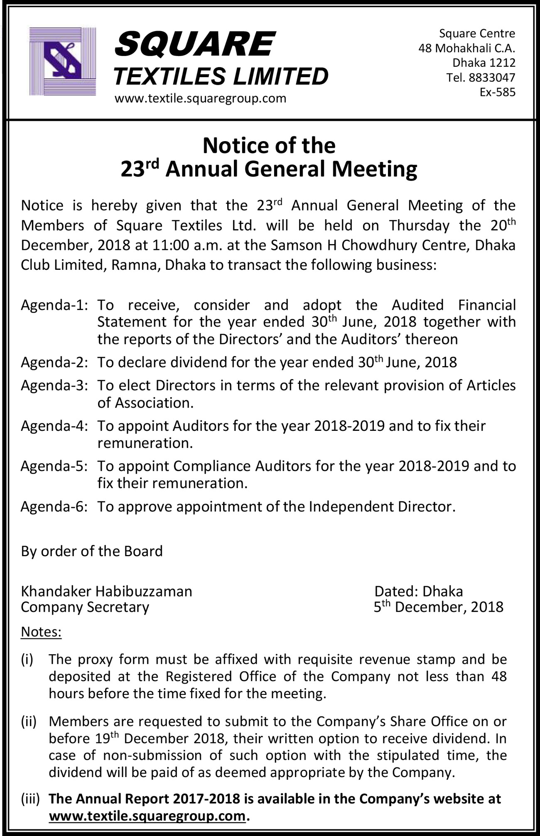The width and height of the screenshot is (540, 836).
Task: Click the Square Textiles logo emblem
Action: click(63, 61)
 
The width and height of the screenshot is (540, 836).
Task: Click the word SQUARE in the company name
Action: click(194, 44)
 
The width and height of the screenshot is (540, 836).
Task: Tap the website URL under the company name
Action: click(200, 99)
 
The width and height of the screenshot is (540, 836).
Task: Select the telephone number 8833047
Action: click(492, 78)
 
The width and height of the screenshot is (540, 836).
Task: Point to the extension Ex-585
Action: click(497, 92)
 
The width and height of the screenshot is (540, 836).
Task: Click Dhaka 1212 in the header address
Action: click(484, 63)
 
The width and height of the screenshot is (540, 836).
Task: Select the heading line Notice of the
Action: click(269, 146)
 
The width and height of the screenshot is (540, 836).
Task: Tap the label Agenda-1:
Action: click(54, 306)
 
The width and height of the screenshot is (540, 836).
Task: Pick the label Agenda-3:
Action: click(54, 386)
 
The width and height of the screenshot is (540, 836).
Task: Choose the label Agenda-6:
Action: click(54, 507)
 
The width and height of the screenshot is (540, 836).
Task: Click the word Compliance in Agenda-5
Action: click(212, 466)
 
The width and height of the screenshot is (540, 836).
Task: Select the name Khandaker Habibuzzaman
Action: click(106, 591)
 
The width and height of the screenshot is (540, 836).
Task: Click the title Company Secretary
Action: click(85, 607)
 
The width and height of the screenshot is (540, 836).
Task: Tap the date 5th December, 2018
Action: click(438, 607)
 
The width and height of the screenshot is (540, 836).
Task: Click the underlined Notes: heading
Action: click(41, 632)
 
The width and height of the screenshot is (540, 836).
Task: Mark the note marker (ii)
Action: click(29, 721)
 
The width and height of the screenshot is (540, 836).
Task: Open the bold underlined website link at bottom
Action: click(147, 816)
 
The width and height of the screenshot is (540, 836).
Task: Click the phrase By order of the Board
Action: click(92, 551)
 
